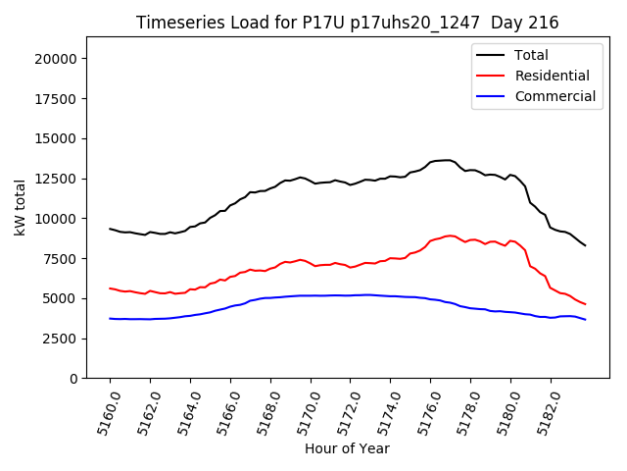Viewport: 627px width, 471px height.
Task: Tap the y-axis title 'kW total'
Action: (x=20, y=207)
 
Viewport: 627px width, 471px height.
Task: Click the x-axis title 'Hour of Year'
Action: (x=347, y=448)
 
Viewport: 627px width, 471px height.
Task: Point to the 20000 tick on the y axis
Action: (x=57, y=59)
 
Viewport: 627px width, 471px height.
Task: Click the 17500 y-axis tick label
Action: (x=57, y=99)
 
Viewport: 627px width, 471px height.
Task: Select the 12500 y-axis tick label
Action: (x=57, y=179)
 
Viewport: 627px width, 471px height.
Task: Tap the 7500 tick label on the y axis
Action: (x=61, y=258)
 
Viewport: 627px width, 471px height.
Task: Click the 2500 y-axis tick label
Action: (x=61, y=339)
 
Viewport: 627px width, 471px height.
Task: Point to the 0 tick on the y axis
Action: (x=73, y=379)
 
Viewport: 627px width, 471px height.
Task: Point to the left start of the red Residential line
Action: (x=110, y=288)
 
